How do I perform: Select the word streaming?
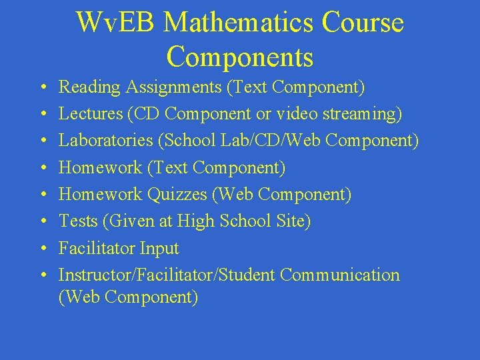[362, 114]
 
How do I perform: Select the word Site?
[294, 221]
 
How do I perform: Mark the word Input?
[159, 248]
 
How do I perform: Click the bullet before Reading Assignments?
[43, 88]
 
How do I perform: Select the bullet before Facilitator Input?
[43, 249]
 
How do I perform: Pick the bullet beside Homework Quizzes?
[43, 195]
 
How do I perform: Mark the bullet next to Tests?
[43, 221]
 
